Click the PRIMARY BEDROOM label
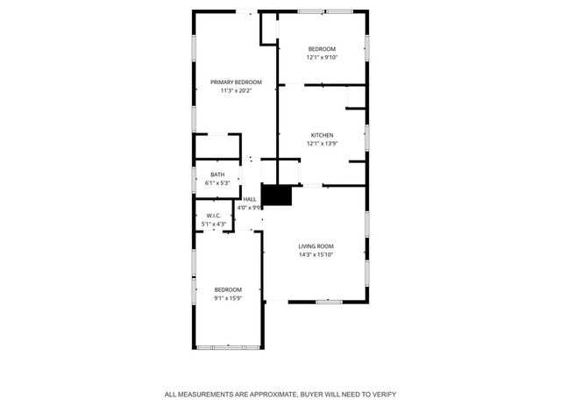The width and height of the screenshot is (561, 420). (236, 82)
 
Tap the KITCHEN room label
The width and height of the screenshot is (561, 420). (322, 135)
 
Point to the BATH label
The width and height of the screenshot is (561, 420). (216, 174)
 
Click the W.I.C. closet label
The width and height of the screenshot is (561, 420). (214, 216)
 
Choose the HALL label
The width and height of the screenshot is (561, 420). (250, 199)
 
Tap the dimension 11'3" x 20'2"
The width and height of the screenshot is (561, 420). (236, 90)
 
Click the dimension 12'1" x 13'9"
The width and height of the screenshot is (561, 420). (322, 144)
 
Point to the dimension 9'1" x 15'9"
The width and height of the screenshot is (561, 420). (228, 298)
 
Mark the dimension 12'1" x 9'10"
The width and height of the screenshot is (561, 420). (322, 58)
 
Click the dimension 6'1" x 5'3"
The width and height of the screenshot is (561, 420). (216, 183)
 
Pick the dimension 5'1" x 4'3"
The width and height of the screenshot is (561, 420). (214, 224)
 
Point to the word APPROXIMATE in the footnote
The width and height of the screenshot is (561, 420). (266, 395)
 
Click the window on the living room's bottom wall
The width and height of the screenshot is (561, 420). (329, 302)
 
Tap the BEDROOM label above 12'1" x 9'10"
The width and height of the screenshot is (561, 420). (322, 49)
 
